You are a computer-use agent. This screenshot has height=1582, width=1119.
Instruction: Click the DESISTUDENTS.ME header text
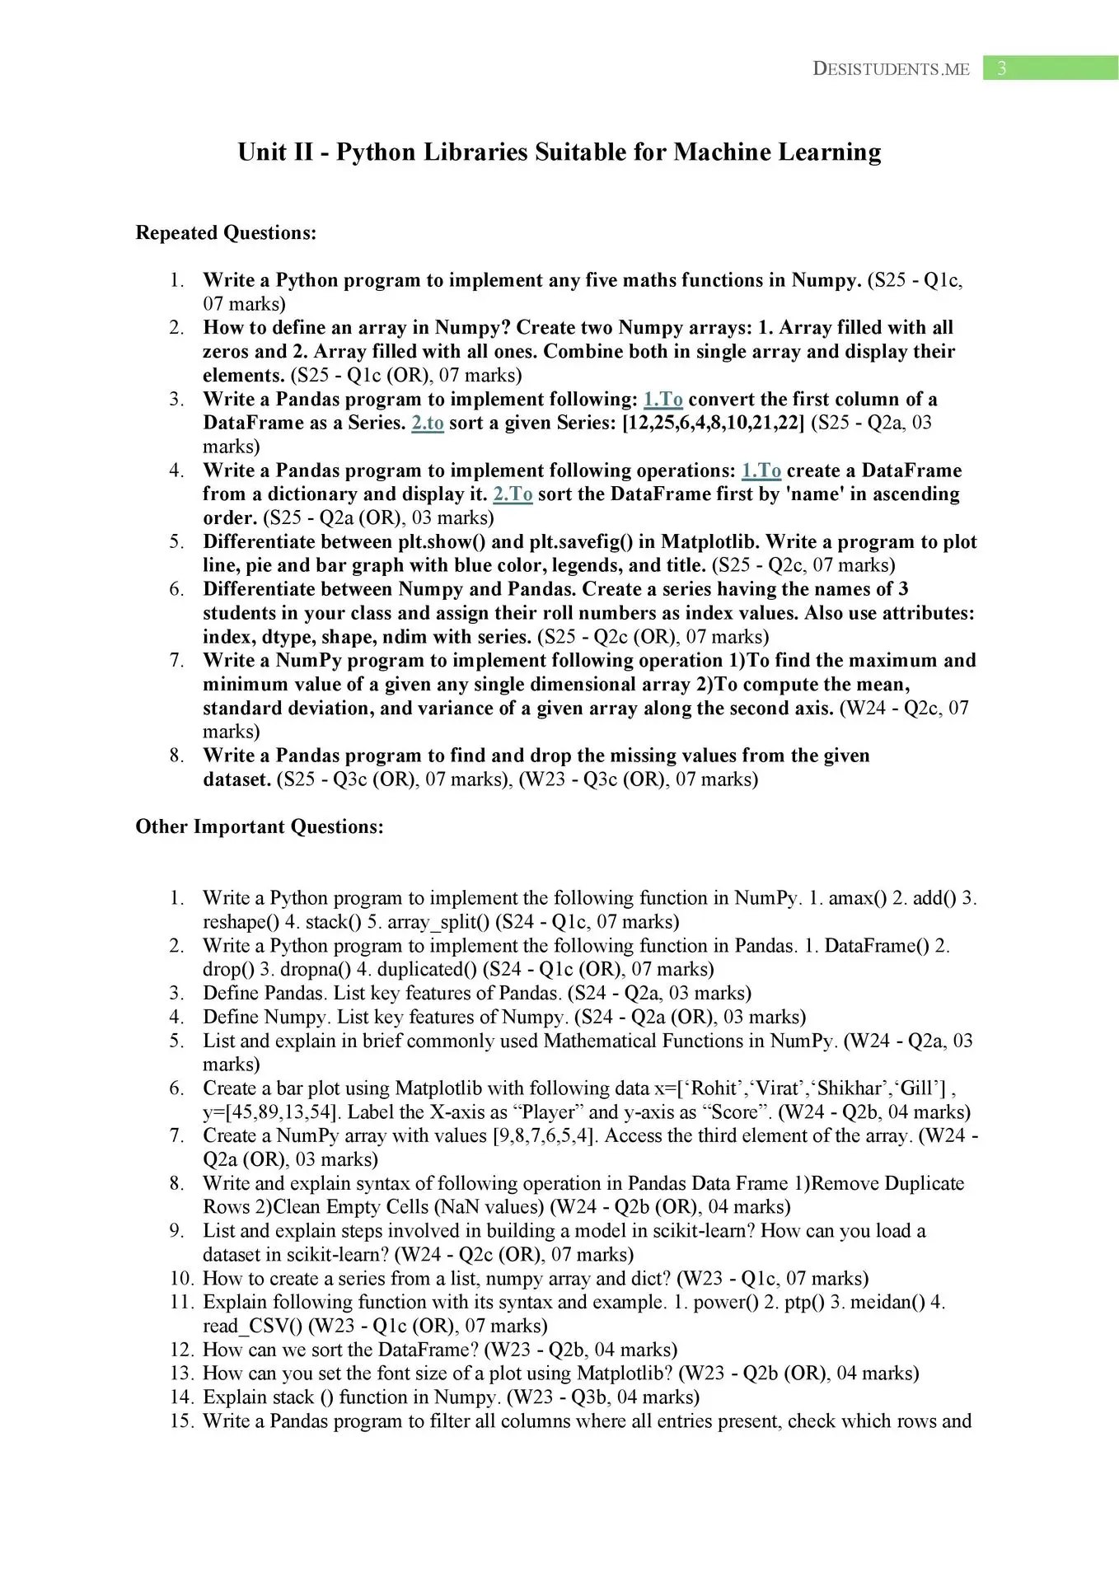(891, 69)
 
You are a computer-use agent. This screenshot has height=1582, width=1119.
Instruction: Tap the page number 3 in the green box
(1001, 68)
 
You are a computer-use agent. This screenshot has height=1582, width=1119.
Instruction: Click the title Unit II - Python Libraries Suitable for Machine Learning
(559, 152)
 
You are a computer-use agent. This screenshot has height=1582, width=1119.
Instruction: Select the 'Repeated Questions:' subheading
(226, 233)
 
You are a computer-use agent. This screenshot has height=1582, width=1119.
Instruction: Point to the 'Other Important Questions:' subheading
(260, 827)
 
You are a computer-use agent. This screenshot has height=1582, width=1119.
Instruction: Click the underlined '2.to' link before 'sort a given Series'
(428, 424)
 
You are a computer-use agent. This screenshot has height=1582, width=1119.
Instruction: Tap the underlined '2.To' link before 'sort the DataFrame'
(513, 494)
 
